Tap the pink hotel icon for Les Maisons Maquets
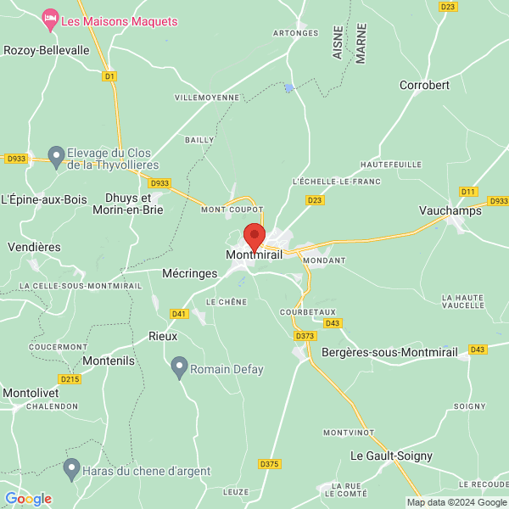[x=50, y=17]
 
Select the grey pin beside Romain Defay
[x=179, y=366]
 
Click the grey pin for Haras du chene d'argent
[x=72, y=467]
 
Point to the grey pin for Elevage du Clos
[x=56, y=155]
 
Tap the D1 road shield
[x=109, y=76]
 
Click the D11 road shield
[x=468, y=192]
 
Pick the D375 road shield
[x=269, y=464]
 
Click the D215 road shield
[x=70, y=379]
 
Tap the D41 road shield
[x=178, y=314]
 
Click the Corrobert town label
[x=424, y=86]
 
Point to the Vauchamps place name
[x=450, y=211]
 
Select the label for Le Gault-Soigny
[x=391, y=456]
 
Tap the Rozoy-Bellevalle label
[x=47, y=51]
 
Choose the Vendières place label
[x=34, y=247]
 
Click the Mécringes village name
[x=190, y=274]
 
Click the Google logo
[x=28, y=499]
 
